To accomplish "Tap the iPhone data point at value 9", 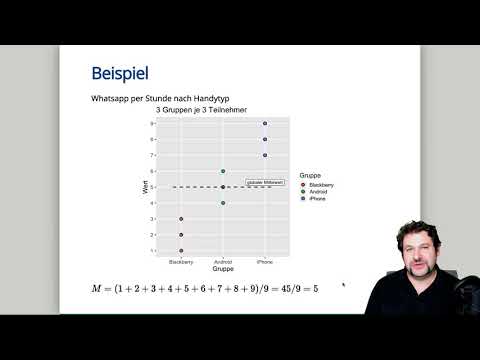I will tap(265, 124).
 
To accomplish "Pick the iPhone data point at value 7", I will tap(265, 155).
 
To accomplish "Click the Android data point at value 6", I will tap(223, 171).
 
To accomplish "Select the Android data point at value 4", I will tap(223, 203).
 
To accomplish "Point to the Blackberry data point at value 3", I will tap(181, 219).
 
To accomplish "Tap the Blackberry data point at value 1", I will tap(181, 250).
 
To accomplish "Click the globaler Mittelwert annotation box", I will tap(265, 183).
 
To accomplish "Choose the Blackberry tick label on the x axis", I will tap(181, 262).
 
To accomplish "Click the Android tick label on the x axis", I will tap(223, 262).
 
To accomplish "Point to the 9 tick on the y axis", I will tap(152, 124).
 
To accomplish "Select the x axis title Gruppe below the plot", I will tap(223, 269).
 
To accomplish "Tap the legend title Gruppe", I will tap(311, 177).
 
